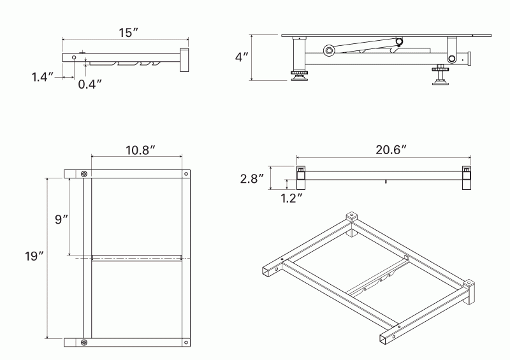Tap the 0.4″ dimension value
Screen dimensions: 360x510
90,83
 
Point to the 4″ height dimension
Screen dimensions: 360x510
242,57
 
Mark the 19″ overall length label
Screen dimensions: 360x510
34,257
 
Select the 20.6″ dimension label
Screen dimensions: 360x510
391,150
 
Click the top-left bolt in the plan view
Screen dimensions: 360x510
84,174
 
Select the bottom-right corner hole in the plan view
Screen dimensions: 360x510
186,342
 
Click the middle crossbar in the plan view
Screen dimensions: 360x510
137,258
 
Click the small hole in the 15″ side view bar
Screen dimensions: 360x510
74,57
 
